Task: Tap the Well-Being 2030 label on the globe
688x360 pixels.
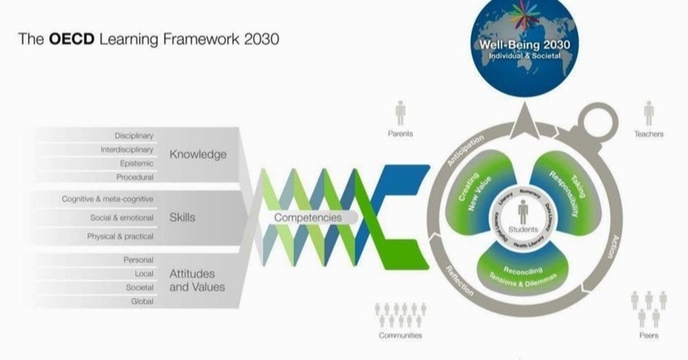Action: (525, 45)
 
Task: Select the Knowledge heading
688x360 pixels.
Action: (198, 155)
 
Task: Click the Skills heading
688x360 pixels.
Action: (182, 218)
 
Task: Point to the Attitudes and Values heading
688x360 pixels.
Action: (197, 280)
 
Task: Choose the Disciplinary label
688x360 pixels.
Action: (134, 136)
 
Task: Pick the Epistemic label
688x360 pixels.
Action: (137, 163)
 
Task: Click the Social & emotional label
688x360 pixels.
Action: (121, 218)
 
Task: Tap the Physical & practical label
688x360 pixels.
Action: (120, 236)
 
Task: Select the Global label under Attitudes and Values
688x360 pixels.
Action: (142, 301)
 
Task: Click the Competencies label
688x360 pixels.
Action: (307, 218)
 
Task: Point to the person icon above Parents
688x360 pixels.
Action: (400, 113)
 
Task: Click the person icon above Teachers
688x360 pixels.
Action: (649, 113)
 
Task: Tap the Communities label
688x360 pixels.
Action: (400, 335)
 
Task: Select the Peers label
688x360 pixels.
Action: (649, 335)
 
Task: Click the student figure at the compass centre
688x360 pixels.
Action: (523, 212)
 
